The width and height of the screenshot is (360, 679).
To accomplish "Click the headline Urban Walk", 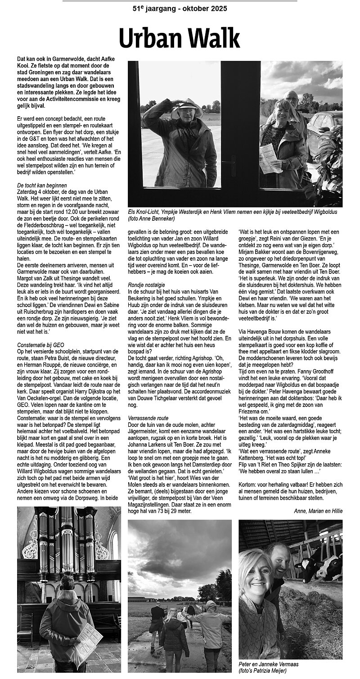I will pyautogui.click(x=180, y=38).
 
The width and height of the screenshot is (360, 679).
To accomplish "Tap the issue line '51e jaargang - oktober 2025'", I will pyautogui.click(x=180, y=9).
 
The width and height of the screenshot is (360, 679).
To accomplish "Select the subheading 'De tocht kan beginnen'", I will pyautogui.click(x=42, y=185).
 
